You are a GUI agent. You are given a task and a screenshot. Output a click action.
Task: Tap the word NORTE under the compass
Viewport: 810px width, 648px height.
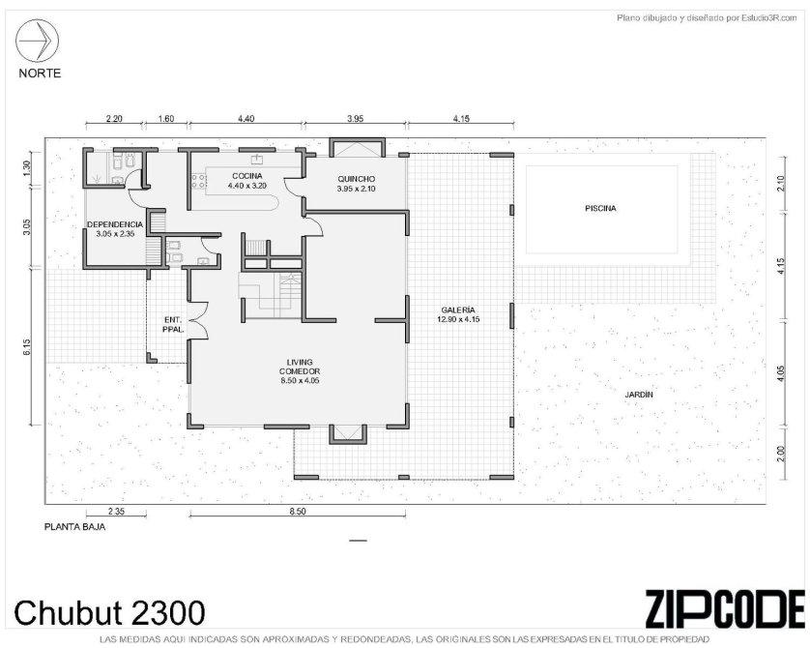40,74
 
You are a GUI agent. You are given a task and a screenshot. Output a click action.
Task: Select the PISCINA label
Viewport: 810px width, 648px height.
600,209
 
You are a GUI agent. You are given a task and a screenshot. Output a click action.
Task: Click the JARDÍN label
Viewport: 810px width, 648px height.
639,395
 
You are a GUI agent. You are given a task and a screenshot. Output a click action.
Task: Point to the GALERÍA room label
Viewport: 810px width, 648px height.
458,310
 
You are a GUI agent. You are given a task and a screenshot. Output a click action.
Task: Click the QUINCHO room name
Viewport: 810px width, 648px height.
356,179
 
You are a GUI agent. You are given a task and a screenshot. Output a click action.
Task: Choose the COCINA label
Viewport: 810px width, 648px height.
246,176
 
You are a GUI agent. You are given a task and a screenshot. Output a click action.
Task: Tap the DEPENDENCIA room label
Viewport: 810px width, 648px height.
115,224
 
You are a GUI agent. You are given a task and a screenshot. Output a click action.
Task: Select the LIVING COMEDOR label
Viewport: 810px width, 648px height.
300,367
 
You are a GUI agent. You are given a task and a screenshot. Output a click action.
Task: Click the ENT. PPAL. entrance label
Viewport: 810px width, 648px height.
173,324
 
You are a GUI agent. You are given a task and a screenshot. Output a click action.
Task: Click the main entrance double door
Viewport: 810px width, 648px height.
198,320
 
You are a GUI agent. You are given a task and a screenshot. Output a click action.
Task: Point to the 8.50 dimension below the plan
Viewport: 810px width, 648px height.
298,512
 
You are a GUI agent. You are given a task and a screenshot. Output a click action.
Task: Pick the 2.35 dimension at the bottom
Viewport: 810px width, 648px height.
116,512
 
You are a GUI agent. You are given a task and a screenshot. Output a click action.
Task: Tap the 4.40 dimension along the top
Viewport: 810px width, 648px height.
246,118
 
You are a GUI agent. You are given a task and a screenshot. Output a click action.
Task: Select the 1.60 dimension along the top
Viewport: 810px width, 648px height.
166,118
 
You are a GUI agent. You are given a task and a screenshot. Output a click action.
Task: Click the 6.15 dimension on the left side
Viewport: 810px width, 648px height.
27,346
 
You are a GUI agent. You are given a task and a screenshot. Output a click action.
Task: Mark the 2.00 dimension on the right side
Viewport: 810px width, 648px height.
781,454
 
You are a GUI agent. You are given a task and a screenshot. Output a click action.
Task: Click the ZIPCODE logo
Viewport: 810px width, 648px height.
725,609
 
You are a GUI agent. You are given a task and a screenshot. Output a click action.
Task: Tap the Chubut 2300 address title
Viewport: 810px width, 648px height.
109,613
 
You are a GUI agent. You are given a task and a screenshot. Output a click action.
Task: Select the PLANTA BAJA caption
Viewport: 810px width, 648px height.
74,528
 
